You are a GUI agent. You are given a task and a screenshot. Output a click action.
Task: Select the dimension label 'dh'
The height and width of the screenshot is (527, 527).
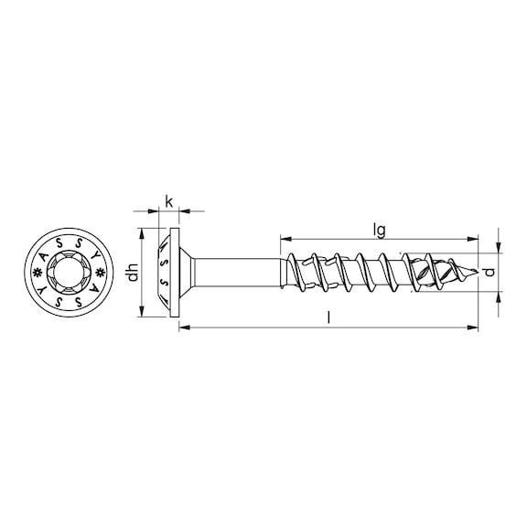[134, 273]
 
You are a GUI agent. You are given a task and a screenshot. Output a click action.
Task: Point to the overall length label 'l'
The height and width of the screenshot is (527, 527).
[328, 317]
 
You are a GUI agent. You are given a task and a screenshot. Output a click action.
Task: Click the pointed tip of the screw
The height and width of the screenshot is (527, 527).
[475, 272]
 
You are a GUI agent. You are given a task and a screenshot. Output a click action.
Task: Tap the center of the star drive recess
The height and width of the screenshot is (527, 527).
[70, 273]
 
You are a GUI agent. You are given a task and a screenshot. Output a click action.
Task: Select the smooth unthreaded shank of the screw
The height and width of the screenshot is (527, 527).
[238, 272]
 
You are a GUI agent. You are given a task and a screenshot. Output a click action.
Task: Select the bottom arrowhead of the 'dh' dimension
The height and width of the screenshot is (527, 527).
[141, 313]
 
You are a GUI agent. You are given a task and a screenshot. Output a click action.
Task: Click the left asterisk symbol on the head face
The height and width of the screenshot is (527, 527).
[38, 273]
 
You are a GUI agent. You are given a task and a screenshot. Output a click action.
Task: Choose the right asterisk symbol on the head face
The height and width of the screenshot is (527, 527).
[102, 273]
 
